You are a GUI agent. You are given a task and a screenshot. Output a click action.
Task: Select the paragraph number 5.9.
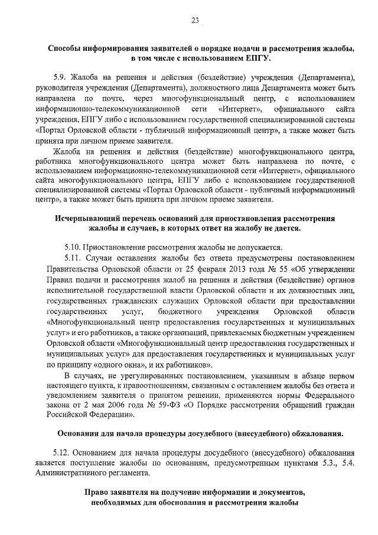click(60, 77)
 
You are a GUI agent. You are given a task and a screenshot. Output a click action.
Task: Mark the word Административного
click(84, 474)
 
